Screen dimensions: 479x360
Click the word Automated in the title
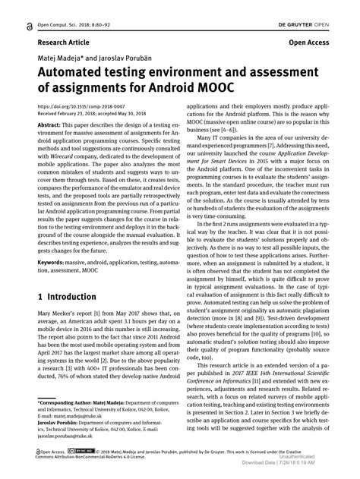tap(68, 75)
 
